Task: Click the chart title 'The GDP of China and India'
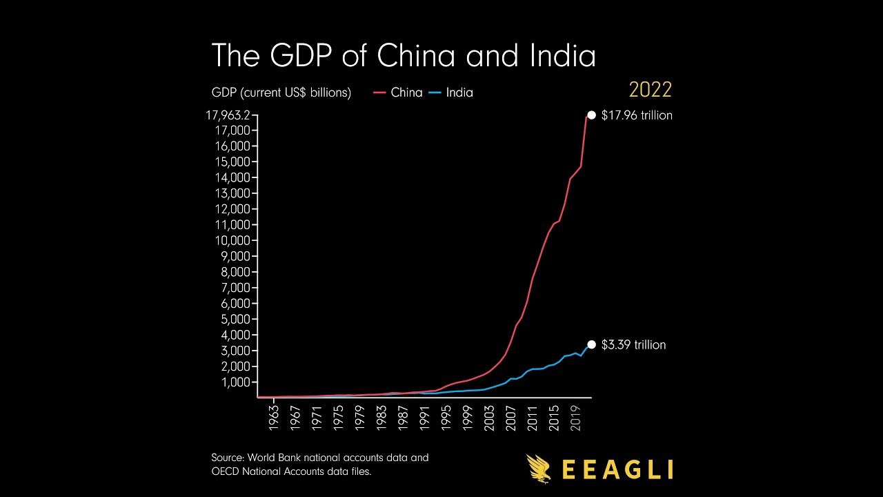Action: pos(403,55)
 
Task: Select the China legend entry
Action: pos(398,92)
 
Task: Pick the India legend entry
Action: pos(451,92)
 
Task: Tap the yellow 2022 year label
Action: pos(650,90)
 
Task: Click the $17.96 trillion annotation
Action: pos(636,115)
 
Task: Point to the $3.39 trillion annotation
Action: pos(633,344)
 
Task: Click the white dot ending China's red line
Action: pos(591,115)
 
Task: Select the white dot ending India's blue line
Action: pos(591,344)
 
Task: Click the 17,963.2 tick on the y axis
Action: pos(227,115)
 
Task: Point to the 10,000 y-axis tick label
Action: pos(233,240)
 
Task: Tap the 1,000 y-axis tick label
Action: pos(236,382)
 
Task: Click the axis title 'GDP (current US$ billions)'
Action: pos(281,92)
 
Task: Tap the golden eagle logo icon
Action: pos(539,468)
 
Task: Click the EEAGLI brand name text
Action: pos(617,469)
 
